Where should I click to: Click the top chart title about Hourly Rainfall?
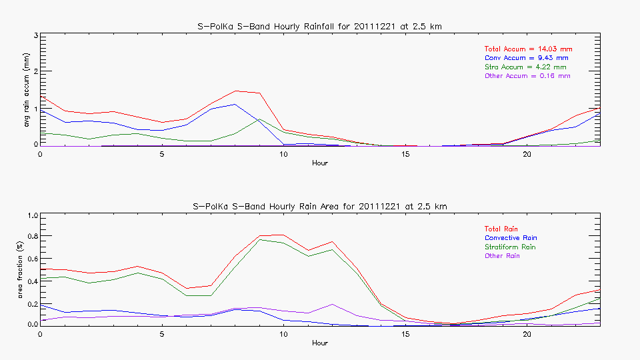click(x=320, y=26)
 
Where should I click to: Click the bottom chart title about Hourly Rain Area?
click(x=320, y=207)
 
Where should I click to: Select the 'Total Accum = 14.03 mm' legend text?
click(x=528, y=49)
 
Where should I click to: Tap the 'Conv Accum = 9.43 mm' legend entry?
click(x=527, y=58)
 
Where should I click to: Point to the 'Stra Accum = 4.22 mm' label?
click(x=525, y=67)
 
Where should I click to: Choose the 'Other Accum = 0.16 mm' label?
click(x=527, y=76)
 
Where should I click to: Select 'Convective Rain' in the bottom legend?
click(x=511, y=238)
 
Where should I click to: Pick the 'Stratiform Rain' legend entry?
click(x=510, y=247)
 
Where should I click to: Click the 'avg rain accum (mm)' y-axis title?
click(x=27, y=90)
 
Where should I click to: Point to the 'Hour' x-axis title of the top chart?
click(x=320, y=163)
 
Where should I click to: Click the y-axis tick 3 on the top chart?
click(x=34, y=35)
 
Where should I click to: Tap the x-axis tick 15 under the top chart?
click(x=405, y=154)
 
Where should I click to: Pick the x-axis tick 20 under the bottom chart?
click(x=527, y=334)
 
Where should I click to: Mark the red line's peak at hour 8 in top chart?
click(x=235, y=91)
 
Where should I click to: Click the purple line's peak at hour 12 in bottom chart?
click(x=332, y=304)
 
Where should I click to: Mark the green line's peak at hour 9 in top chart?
click(x=259, y=119)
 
